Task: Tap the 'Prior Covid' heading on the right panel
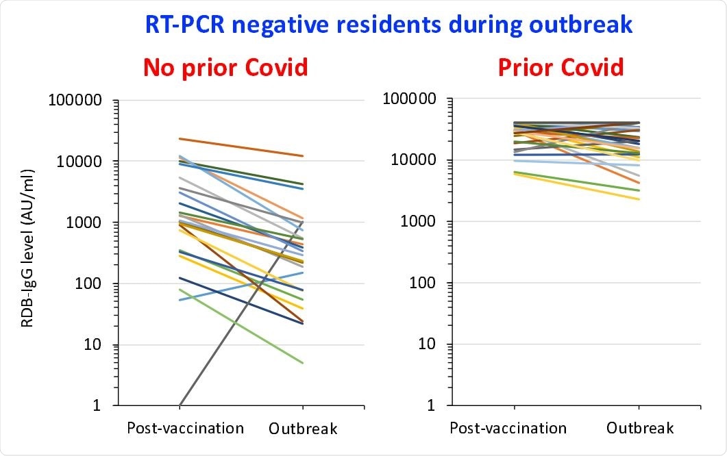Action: click(x=560, y=67)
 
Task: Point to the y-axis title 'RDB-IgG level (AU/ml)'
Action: click(x=27, y=252)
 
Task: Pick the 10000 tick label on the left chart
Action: click(x=79, y=162)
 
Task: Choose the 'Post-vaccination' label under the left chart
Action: click(x=185, y=429)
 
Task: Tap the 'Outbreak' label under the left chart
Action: click(x=303, y=429)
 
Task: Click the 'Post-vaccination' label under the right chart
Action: click(x=508, y=429)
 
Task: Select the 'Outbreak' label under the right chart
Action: click(x=640, y=429)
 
